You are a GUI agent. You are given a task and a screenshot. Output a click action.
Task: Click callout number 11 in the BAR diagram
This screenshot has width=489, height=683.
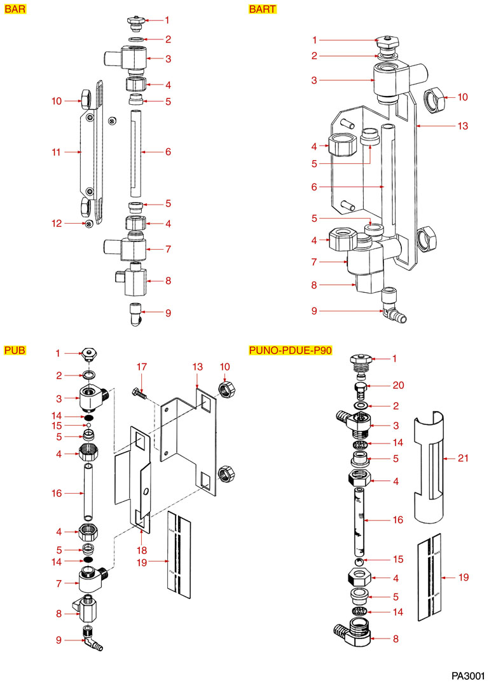[x=56, y=152]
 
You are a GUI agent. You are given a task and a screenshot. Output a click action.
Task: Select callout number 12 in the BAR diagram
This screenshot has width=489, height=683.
[x=56, y=223]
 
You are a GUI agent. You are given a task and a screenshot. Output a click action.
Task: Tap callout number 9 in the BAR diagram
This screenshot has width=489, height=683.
[x=168, y=313]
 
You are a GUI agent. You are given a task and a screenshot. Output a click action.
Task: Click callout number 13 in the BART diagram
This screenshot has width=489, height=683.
[x=462, y=126]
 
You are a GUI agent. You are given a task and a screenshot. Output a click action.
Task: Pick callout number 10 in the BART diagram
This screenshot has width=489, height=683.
[x=462, y=97]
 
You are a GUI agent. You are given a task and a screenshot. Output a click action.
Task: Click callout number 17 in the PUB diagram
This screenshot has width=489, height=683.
[x=141, y=367]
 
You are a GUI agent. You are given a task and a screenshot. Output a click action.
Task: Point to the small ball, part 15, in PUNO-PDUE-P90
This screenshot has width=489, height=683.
[x=360, y=562]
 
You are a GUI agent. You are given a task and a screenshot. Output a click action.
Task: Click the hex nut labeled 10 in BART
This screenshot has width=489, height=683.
[x=434, y=98]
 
